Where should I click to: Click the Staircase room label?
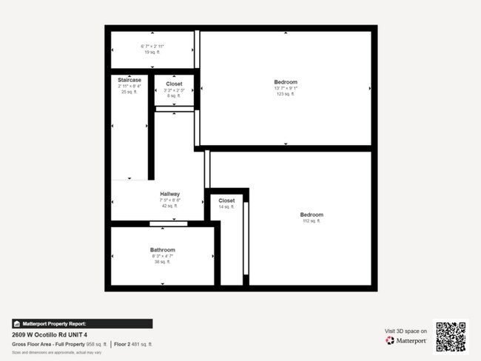[x=129, y=79]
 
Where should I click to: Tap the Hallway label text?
[x=169, y=194]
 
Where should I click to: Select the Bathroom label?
[x=163, y=250]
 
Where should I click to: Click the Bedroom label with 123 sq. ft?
[x=286, y=81]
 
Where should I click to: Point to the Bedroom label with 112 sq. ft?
[x=312, y=215]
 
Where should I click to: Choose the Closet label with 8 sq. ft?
[x=174, y=84]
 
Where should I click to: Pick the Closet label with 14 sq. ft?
[x=226, y=200]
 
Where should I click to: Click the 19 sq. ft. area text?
[x=152, y=53]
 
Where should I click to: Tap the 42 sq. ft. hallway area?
[x=169, y=206]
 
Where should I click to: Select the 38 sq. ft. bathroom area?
[x=163, y=262]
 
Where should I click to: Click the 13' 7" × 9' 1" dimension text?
[x=286, y=88]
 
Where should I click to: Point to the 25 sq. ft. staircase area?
[x=129, y=92]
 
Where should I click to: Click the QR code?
[x=451, y=337]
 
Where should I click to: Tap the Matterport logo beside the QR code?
[x=407, y=340]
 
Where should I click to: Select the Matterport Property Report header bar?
[x=82, y=323]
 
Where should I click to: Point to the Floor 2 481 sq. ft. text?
[x=136, y=343]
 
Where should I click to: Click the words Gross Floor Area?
[x=32, y=343]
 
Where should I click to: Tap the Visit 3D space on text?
[x=406, y=331]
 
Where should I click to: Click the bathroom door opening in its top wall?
[x=168, y=223]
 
